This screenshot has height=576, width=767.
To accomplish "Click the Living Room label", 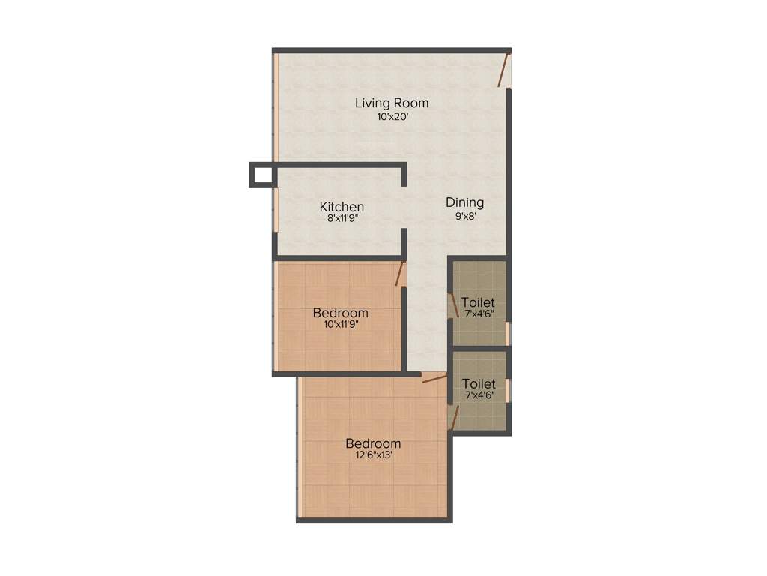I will click(x=391, y=103).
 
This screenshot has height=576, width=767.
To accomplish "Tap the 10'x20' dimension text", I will click(x=392, y=117).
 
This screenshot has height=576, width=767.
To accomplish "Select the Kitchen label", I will click(x=342, y=207).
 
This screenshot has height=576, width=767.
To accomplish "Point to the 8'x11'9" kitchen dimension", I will click(x=342, y=220).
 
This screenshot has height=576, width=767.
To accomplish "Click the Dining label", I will click(x=464, y=202).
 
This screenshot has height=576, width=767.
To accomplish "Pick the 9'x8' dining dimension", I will click(x=464, y=216).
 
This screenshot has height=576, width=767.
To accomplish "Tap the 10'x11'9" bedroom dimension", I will click(x=341, y=325).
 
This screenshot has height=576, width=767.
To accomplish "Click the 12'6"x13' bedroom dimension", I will click(x=372, y=455).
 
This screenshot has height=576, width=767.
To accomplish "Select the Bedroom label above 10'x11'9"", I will click(x=341, y=313).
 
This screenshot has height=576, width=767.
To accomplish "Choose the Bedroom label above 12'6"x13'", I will click(x=372, y=443).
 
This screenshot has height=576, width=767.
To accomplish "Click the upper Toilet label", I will click(x=478, y=303).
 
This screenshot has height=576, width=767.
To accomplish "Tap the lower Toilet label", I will click(x=478, y=384).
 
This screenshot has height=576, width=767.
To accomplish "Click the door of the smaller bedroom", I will click(x=400, y=273).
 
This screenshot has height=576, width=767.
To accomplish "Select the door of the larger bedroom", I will click(x=433, y=379).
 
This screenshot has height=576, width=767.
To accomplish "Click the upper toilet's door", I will click(x=453, y=304).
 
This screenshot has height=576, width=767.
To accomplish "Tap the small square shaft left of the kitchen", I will click(x=261, y=175).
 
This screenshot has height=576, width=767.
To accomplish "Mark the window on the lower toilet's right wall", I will click(x=508, y=390).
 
